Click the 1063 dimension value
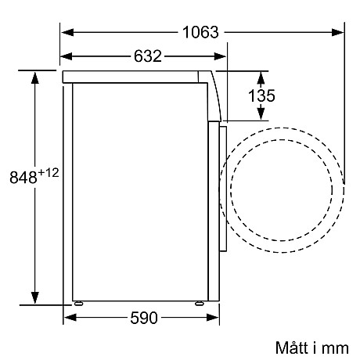click(x=201, y=32)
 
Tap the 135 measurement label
click(x=264, y=96)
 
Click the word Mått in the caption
click(x=292, y=346)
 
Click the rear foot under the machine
click(x=77, y=303)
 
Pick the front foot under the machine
click(x=199, y=303)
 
